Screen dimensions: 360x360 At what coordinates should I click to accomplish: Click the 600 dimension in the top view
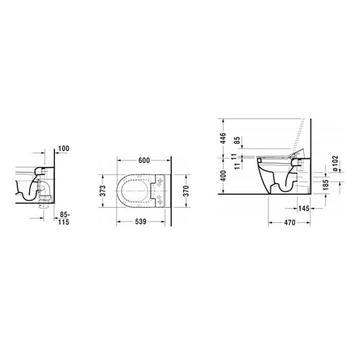point(144,160)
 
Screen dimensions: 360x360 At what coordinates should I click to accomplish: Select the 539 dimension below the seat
point(140,222)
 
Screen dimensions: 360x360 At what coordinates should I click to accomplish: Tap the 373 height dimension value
point(103,191)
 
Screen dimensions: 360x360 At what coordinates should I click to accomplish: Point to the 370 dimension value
point(186,191)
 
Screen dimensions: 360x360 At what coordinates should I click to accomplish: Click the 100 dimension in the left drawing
point(63,149)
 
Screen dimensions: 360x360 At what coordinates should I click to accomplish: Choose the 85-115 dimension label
point(64,219)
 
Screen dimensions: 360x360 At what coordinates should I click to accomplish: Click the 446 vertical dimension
point(223,138)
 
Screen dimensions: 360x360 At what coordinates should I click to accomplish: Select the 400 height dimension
point(223,176)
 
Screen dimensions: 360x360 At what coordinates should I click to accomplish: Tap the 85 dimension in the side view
point(237,140)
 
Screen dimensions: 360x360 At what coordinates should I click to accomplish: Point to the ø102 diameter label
point(335,163)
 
